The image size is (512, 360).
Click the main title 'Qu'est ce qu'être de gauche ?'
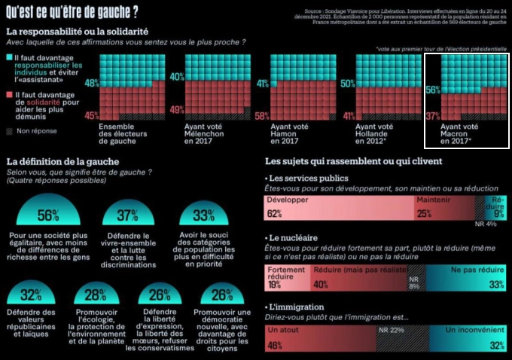coord(72,12)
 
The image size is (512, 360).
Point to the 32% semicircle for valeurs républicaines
coord(31,294)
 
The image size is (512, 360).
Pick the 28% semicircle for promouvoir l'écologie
coord(96,294)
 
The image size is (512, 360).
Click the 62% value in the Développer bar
coord(274,214)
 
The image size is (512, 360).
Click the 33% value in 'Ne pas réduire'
coord(496,285)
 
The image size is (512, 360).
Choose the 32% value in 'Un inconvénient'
coord(496,345)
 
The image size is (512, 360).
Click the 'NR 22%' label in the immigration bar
coord(392,330)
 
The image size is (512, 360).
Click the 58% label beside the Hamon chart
coord(262,116)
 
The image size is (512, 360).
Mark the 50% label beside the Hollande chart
coord(347,84)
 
